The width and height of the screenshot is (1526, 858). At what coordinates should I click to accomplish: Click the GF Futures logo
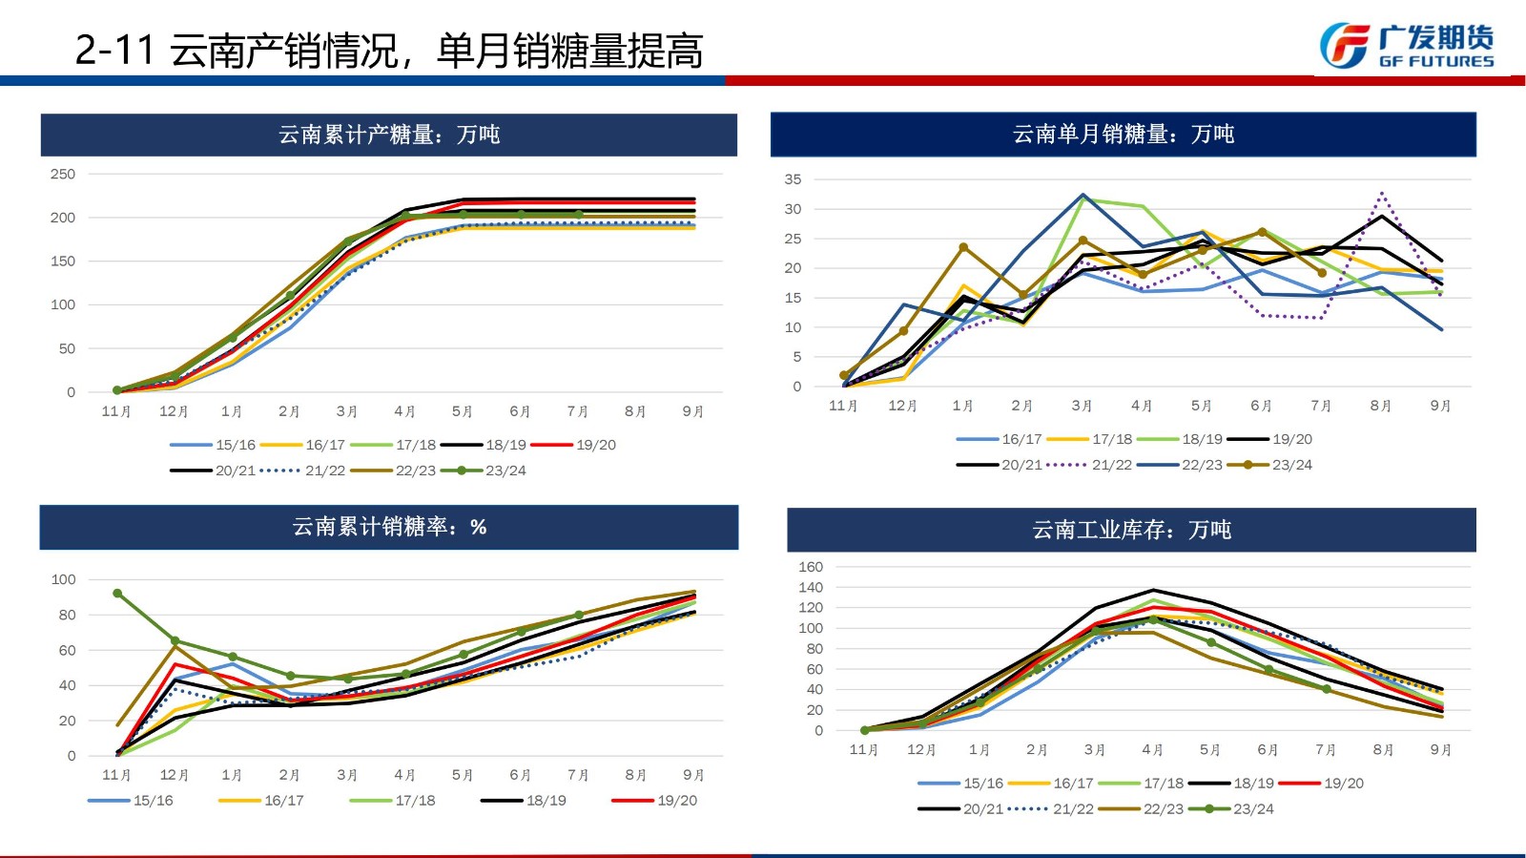point(1406,46)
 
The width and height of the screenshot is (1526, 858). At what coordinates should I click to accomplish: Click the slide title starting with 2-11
point(389,50)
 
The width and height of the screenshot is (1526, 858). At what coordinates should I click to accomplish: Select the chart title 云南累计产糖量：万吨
point(389,135)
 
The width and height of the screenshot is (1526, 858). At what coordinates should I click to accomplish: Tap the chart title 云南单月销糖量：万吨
point(1123,135)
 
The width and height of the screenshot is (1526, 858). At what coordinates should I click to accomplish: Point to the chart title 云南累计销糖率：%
point(389,527)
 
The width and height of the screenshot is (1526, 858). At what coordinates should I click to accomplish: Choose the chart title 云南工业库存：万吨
point(1131,530)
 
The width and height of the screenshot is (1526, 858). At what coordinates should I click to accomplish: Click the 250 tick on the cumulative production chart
point(63,175)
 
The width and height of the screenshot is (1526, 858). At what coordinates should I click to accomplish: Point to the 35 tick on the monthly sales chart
point(793,179)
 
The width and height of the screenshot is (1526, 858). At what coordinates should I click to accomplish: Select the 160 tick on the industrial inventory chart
point(810,567)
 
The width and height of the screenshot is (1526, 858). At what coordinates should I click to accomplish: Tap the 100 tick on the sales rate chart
point(63,579)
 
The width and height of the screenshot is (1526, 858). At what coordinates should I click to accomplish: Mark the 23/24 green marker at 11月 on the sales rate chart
point(117,594)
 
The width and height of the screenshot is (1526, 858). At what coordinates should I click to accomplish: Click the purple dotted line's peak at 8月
point(1381,194)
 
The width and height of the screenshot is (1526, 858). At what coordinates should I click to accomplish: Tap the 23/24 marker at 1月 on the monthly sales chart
point(963,248)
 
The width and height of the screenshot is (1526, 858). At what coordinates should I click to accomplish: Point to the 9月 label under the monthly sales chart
point(1440,406)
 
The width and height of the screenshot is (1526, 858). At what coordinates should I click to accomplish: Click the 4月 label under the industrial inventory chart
point(1152,750)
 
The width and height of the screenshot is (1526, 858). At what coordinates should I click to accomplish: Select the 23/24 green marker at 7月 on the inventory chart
point(1326,689)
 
